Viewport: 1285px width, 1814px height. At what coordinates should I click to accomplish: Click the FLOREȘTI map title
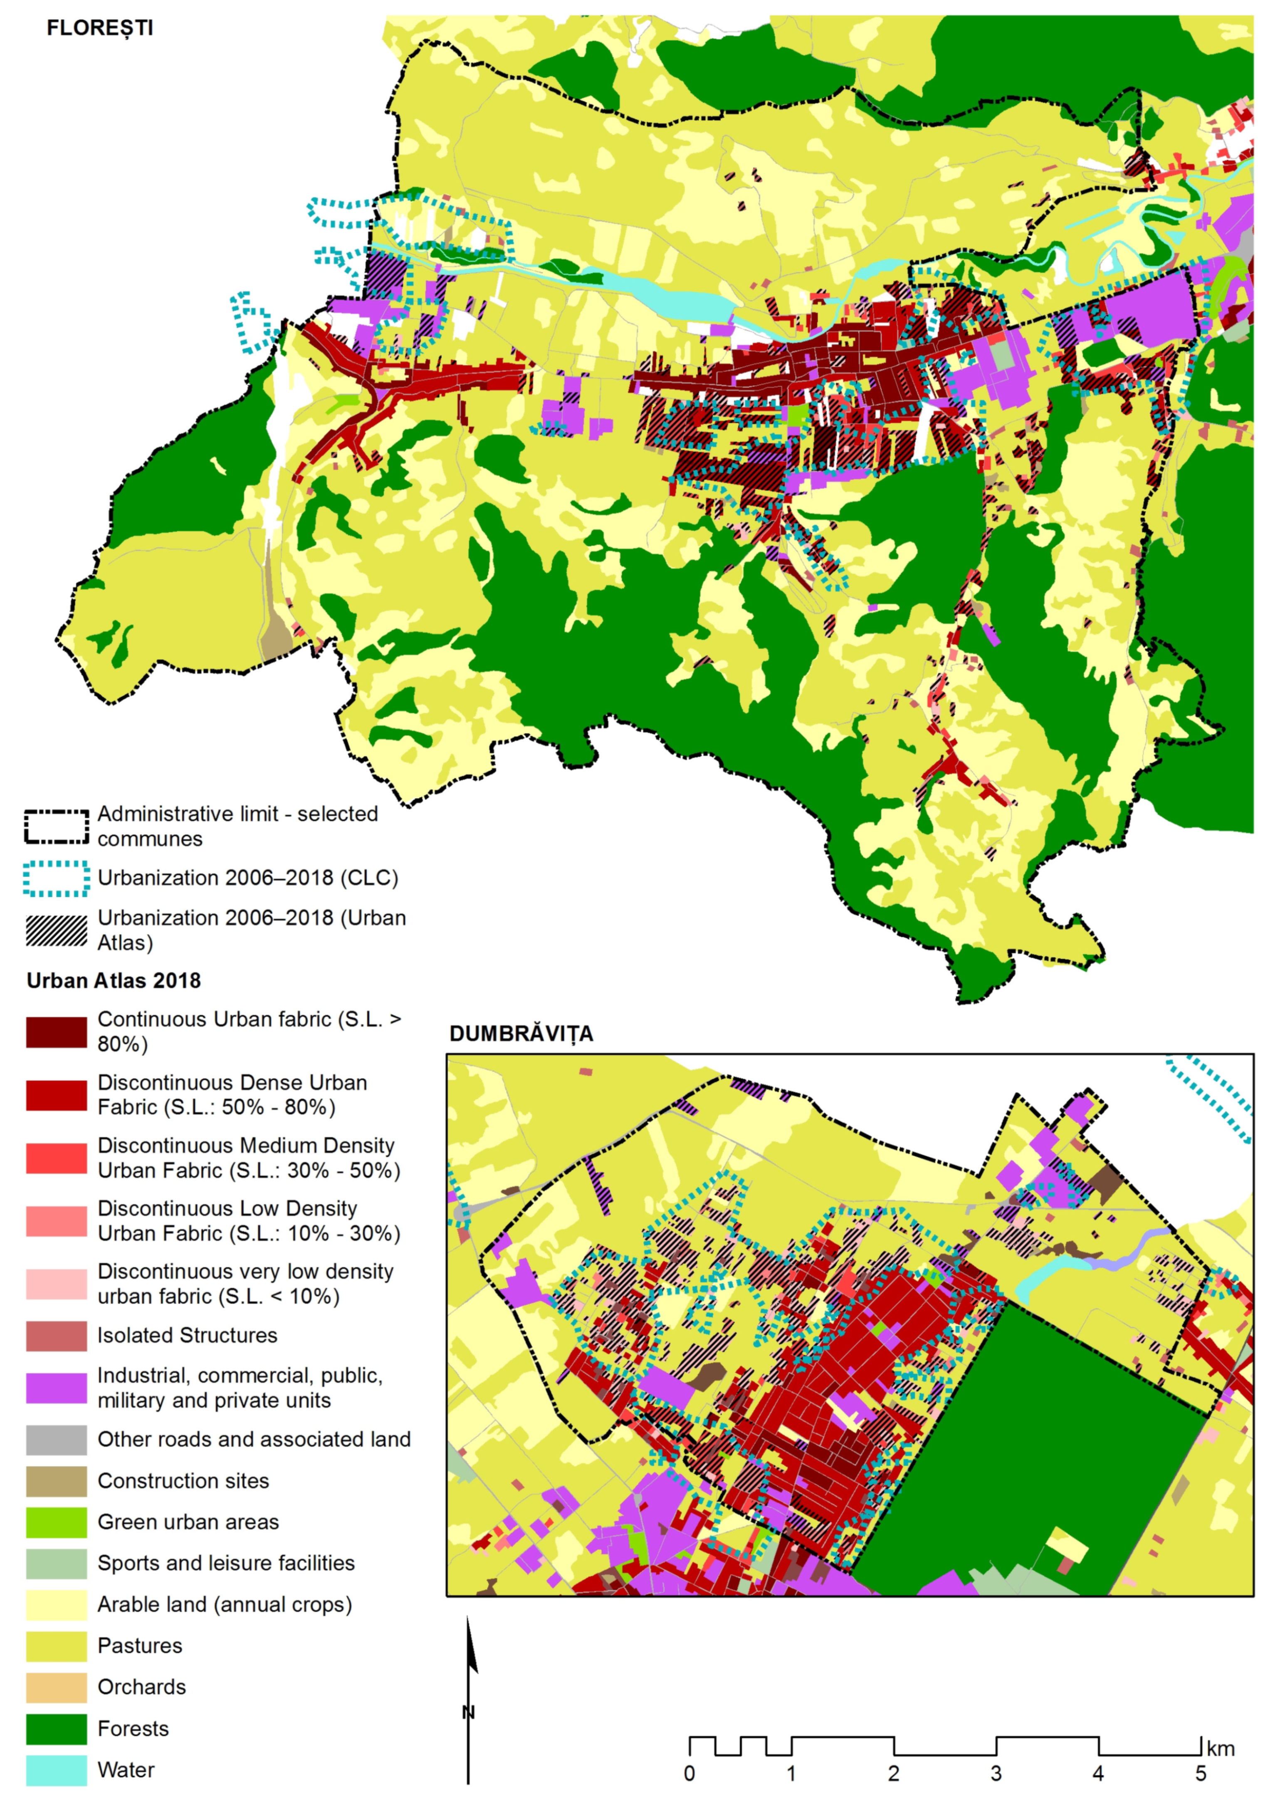(100, 28)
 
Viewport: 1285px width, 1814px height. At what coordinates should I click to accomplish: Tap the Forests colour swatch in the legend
(56, 1729)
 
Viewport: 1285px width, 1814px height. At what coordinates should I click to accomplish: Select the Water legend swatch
(56, 1770)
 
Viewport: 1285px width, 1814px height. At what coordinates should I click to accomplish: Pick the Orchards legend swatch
(56, 1688)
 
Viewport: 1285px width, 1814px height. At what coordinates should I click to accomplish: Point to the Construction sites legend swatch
(56, 1482)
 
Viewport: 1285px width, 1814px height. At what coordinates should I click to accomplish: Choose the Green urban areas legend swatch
(56, 1523)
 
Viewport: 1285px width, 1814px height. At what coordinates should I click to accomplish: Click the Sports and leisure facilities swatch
(56, 1564)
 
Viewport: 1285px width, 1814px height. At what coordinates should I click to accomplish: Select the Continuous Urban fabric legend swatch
(56, 1032)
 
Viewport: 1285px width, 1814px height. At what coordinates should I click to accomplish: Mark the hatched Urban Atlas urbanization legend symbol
(56, 931)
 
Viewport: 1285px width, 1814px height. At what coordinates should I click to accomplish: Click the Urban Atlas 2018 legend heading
(114, 980)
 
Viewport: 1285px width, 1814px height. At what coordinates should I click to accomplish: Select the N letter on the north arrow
(468, 1713)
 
